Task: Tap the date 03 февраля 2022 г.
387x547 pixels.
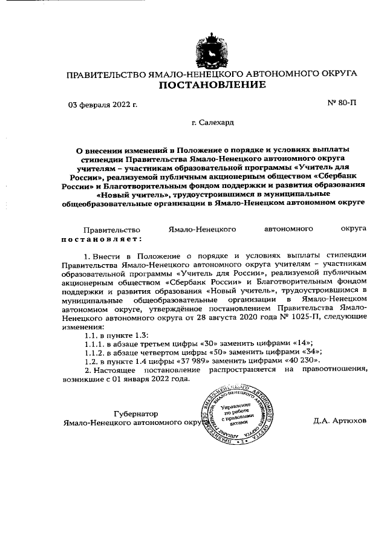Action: pos(103,104)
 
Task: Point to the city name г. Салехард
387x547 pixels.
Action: pos(212,123)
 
